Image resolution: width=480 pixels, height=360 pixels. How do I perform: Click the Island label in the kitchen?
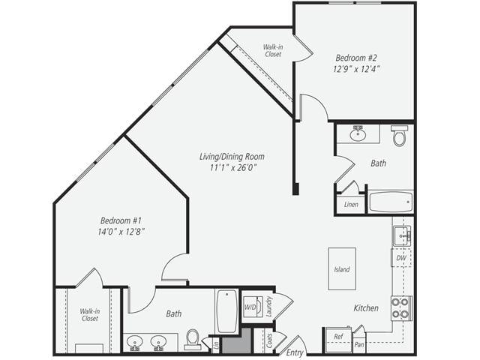click(x=342, y=269)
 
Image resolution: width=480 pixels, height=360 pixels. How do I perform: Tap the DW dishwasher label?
click(x=400, y=257)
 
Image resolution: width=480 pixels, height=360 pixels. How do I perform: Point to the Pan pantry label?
click(x=360, y=344)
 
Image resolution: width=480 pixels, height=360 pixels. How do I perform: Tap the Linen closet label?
click(x=351, y=204)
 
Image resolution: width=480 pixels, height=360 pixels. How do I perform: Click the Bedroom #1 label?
click(x=121, y=220)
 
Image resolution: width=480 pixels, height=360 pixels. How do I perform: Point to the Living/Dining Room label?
click(x=232, y=157)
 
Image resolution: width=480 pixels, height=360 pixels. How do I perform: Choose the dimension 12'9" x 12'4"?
click(x=357, y=68)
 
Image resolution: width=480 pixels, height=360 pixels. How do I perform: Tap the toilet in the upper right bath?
click(x=399, y=136)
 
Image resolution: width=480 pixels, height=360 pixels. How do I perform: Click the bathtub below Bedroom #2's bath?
click(x=390, y=202)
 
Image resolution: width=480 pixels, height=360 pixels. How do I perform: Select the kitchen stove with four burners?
click(x=400, y=307)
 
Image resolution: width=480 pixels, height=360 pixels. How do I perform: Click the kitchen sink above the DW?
click(x=401, y=235)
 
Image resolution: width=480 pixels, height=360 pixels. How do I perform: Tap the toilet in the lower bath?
click(x=193, y=340)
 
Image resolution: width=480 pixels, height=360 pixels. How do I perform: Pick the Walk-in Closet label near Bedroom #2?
click(x=273, y=50)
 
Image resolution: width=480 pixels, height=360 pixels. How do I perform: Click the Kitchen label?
click(x=366, y=308)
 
